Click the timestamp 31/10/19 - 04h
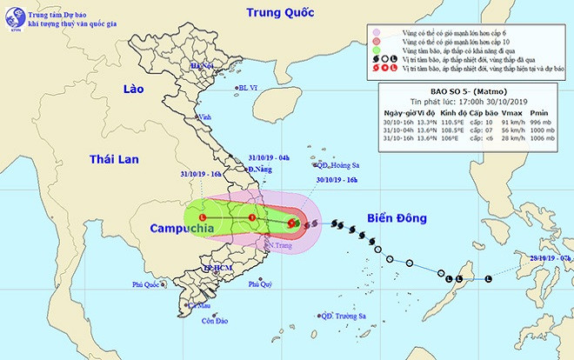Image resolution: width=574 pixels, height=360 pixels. coord(270,157)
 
